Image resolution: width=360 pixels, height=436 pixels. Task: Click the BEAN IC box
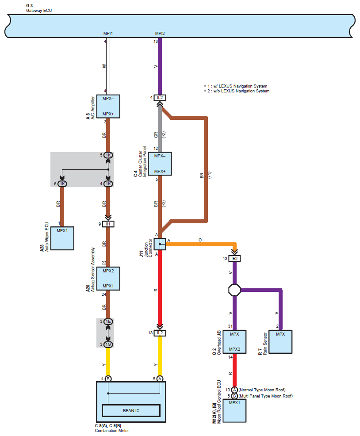131,410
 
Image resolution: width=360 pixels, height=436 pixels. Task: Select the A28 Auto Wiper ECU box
62,238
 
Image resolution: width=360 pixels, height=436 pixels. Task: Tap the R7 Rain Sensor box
280,342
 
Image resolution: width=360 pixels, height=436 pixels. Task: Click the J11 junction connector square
160,244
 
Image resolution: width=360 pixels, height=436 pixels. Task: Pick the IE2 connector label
234,259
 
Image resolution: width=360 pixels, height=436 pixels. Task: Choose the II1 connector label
108,224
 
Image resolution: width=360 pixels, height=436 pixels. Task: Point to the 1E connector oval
108,322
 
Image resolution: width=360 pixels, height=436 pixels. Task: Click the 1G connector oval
108,344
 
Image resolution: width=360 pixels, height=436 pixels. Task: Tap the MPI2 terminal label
160,33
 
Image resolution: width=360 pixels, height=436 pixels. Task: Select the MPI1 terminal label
108,33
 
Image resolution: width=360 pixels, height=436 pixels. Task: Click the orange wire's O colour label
200,240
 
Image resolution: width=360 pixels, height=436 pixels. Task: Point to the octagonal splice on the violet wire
234,290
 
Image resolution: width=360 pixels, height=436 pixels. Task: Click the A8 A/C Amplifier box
108,106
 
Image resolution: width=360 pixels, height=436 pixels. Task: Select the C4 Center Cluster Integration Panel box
160,164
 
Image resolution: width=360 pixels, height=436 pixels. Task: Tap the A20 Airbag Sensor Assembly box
108,278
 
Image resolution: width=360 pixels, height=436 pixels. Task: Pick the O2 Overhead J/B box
234,342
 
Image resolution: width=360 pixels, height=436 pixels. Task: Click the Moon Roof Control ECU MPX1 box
234,411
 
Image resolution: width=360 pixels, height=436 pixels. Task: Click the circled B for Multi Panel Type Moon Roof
234,396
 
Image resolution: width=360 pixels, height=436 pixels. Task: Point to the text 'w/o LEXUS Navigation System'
241,91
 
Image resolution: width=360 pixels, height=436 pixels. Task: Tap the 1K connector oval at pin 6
62,184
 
